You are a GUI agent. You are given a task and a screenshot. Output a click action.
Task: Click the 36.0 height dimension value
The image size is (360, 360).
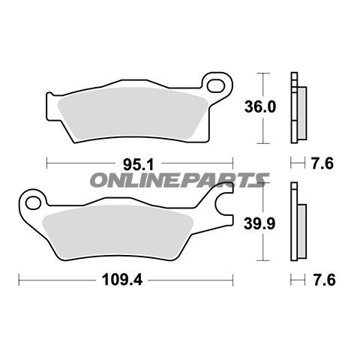tap(260, 106)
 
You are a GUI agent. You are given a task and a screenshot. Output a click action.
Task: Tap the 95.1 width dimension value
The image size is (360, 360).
tap(138, 165)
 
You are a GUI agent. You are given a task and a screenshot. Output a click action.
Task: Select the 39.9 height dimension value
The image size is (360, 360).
tap(259, 223)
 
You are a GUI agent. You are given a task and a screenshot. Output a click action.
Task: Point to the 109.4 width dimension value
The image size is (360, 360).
tap(122, 280)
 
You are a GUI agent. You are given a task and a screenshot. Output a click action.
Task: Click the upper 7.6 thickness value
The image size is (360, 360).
tap(322, 163)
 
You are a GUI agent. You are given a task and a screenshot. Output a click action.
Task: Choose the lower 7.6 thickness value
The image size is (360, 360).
tap(324, 280)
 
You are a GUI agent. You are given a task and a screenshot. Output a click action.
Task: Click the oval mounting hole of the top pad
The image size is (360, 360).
tap(216, 85)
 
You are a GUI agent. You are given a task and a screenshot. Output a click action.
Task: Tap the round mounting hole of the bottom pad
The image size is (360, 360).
tap(34, 202)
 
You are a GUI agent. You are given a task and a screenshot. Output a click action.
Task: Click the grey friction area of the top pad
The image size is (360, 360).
tap(133, 114)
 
